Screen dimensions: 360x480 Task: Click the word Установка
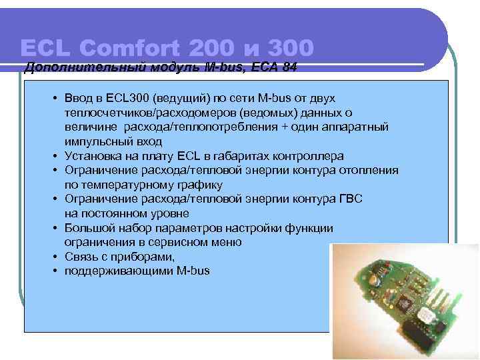point(93,156)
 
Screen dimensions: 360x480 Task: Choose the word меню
point(227,243)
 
